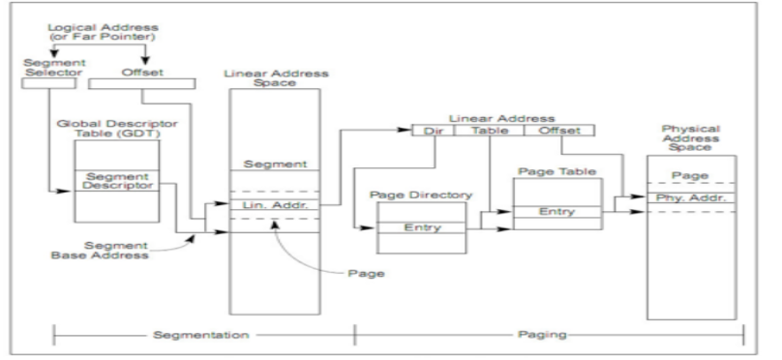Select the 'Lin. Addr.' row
[x=274, y=205]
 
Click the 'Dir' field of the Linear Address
[x=432, y=130]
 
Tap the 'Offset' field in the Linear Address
[x=558, y=130]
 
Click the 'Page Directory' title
[x=420, y=195]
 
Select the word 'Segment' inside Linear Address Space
[x=274, y=165]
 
